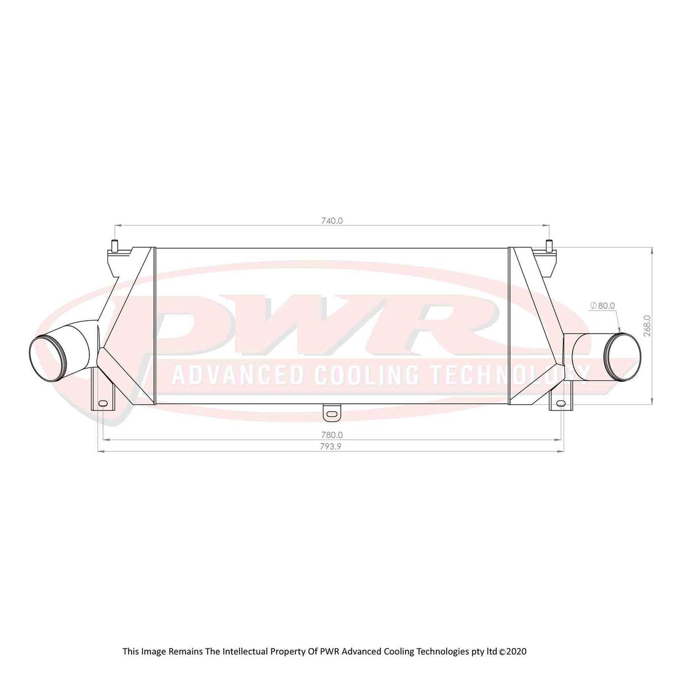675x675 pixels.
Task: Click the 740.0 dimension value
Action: pyautogui.click(x=332, y=220)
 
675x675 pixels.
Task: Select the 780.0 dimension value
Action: pyautogui.click(x=332, y=435)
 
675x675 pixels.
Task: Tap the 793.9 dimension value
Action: pyautogui.click(x=332, y=447)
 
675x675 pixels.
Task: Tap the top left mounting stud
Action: pyautogui.click(x=115, y=246)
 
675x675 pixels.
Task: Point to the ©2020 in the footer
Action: pyautogui.click(x=512, y=651)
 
